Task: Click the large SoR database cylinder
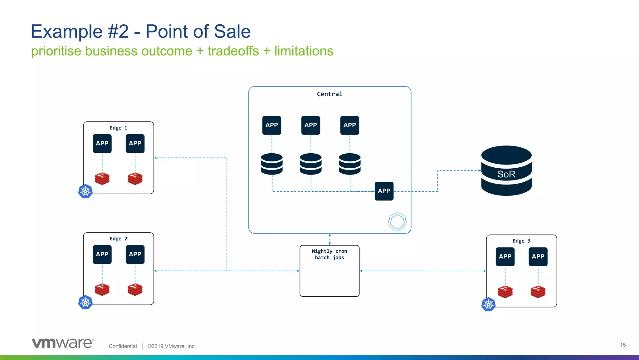(x=506, y=171)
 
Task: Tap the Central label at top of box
(x=329, y=94)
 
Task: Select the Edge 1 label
(x=118, y=128)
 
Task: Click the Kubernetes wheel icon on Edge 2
(x=85, y=302)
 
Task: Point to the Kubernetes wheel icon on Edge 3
(x=488, y=304)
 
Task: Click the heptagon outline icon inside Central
(x=397, y=221)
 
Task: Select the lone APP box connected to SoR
(x=384, y=191)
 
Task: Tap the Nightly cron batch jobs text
(x=329, y=254)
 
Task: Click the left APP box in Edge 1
(x=102, y=143)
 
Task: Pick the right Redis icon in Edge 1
(x=135, y=179)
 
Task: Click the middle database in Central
(x=310, y=164)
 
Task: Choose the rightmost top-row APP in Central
(x=349, y=125)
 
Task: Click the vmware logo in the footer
(x=63, y=343)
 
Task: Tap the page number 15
(x=623, y=345)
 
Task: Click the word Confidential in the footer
(x=123, y=346)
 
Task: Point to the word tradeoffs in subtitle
(x=233, y=51)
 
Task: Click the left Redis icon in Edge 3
(x=505, y=292)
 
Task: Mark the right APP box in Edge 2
(x=135, y=254)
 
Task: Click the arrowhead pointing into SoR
(x=480, y=170)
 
